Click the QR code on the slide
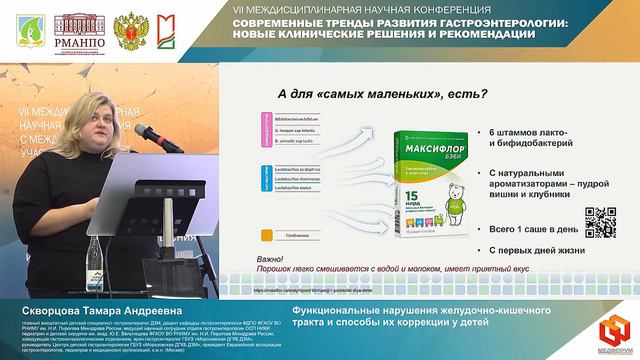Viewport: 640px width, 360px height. click(599, 222)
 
